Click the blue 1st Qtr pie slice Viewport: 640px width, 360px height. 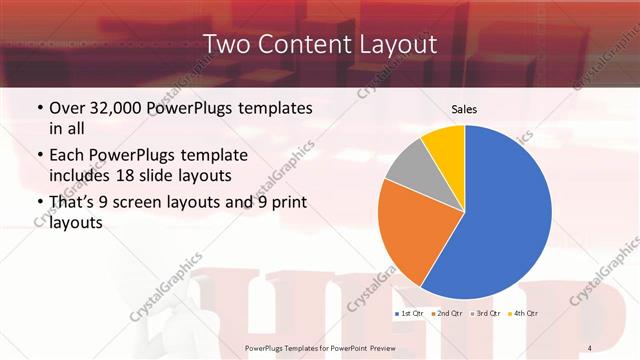505,220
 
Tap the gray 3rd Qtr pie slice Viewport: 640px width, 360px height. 407,167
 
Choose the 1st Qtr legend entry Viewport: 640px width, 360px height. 410,313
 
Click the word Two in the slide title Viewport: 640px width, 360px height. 228,44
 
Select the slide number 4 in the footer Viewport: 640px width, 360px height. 591,346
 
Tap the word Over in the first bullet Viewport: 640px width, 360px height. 68,107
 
